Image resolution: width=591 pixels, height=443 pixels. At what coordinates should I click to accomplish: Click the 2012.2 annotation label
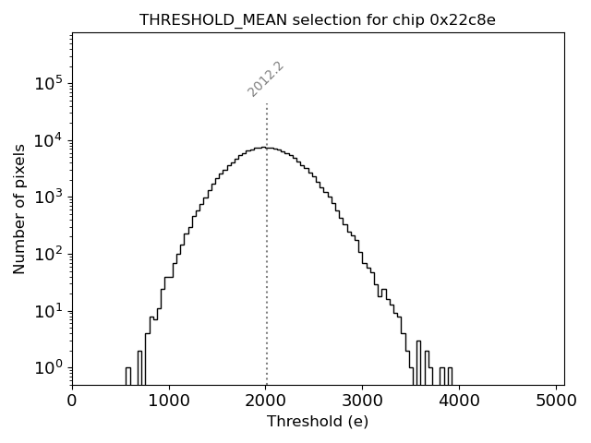[x=266, y=79]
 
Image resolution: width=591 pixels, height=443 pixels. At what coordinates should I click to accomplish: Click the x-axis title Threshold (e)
[x=318, y=422]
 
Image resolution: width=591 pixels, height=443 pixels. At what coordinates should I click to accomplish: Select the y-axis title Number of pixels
[x=19, y=210]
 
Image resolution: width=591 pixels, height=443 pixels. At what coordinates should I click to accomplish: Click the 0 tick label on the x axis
[x=72, y=400]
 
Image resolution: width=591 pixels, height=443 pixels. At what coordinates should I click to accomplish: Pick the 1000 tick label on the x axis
[x=169, y=400]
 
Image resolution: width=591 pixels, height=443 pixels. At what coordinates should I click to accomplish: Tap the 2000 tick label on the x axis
[x=266, y=400]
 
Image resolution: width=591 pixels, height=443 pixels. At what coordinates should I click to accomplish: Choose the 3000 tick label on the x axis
[x=363, y=400]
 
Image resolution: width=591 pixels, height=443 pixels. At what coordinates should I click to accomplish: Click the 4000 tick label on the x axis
[x=460, y=400]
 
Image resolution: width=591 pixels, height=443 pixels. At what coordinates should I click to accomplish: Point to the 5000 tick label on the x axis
[x=557, y=400]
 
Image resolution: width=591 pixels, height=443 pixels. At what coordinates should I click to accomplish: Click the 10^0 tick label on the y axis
[x=49, y=367]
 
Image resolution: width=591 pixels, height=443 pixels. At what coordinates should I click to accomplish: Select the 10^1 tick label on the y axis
[x=49, y=310]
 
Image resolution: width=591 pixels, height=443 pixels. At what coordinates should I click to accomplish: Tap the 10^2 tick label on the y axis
[x=49, y=254]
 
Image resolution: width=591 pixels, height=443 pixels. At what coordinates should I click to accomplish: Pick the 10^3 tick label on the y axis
[x=49, y=197]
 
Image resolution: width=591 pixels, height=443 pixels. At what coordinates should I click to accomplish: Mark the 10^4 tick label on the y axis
[x=49, y=140]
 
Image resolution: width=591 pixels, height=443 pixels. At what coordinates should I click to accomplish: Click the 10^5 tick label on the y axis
[x=49, y=83]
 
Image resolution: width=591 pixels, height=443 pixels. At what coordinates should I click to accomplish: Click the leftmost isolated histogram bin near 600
[x=128, y=376]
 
